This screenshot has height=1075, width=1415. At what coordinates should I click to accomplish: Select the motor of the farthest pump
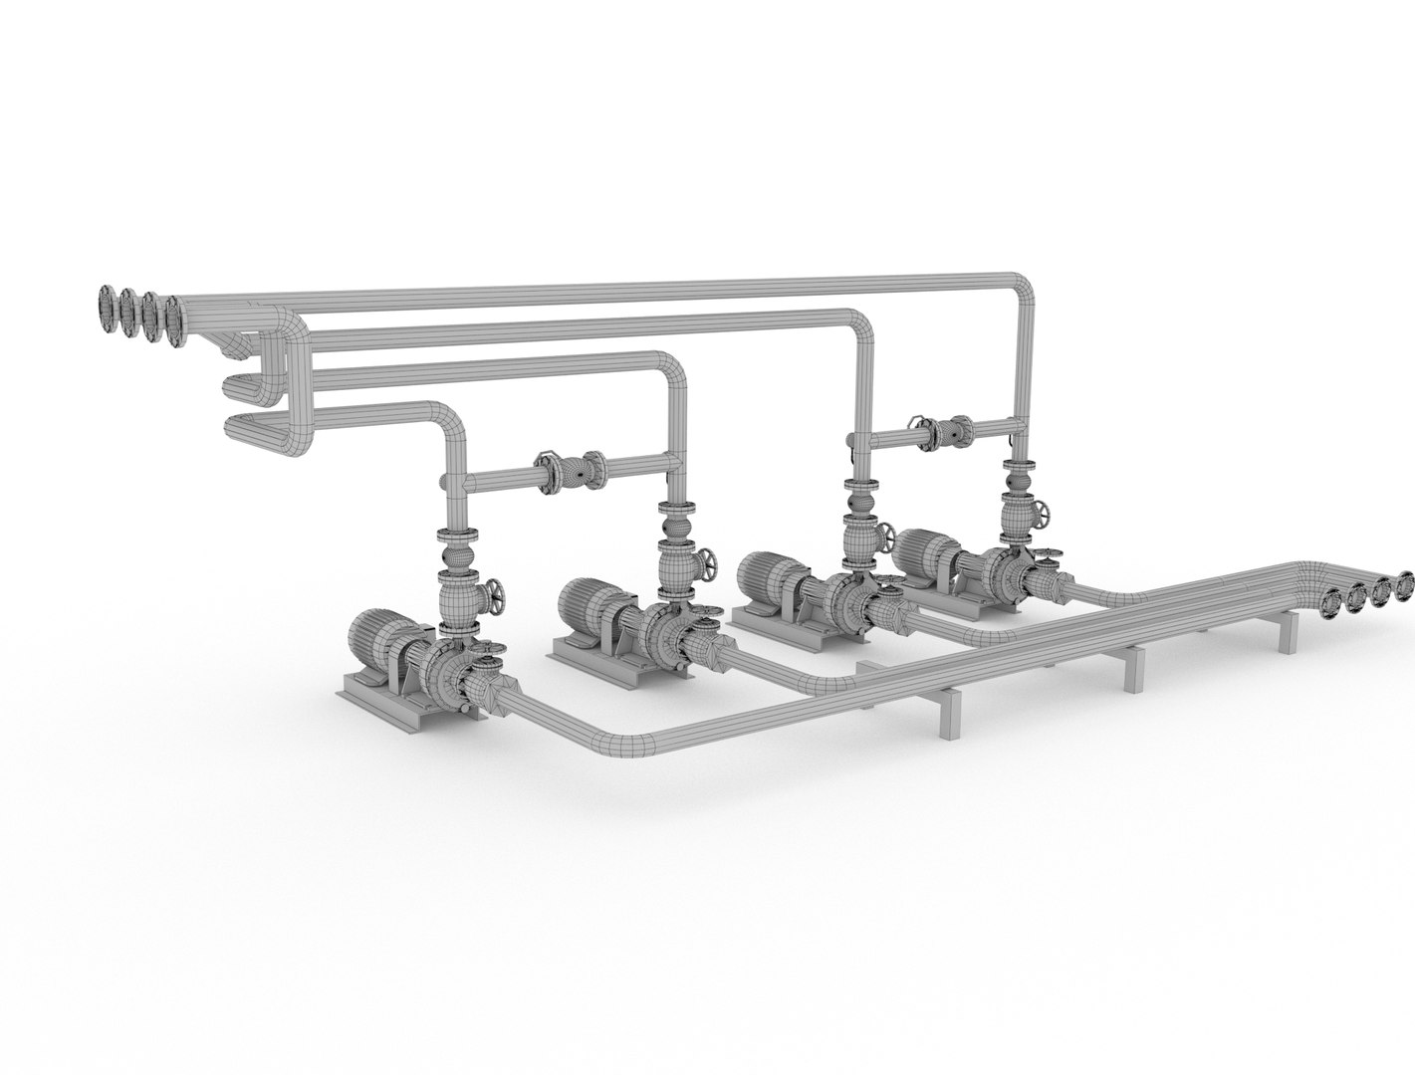924,549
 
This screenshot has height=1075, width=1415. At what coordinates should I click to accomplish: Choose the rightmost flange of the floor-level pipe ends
1405,585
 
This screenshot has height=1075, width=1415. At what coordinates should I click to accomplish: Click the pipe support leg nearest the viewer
950,712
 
